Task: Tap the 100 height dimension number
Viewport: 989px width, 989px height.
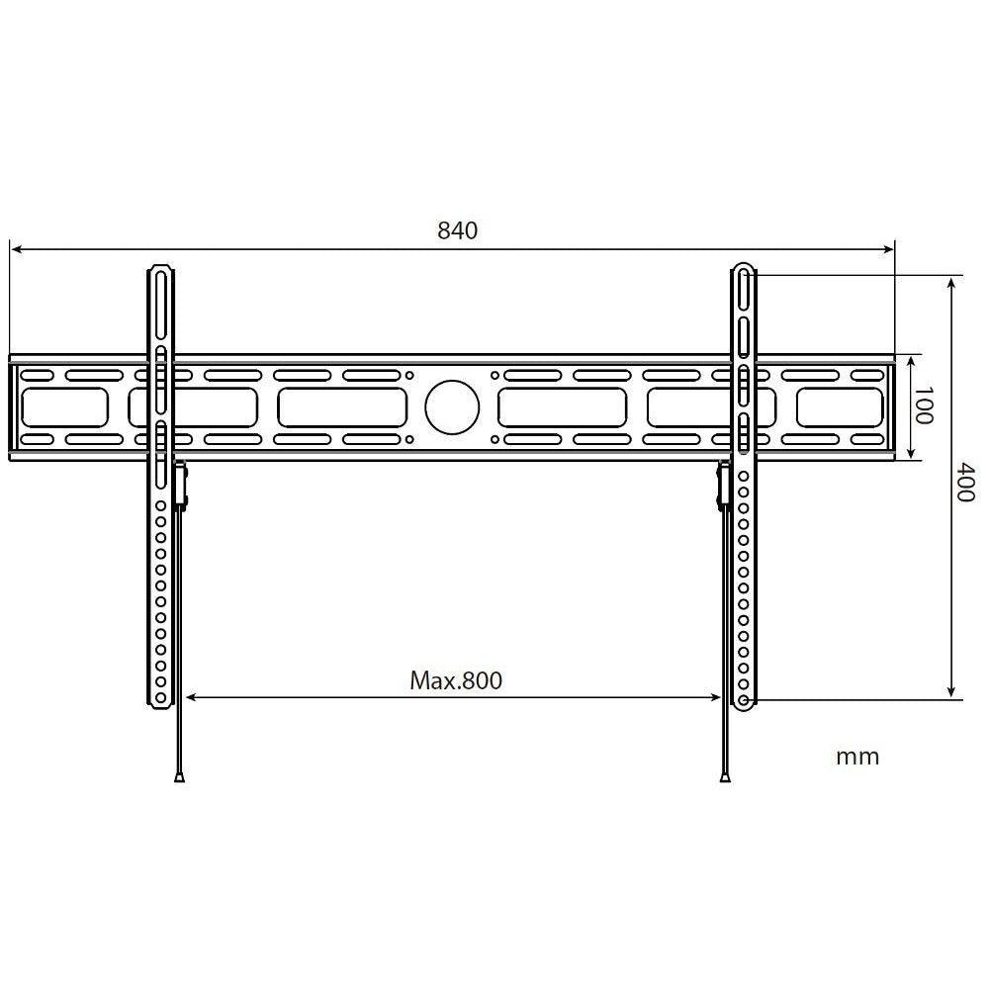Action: pos(923,406)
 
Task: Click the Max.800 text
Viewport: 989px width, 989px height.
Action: pos(456,680)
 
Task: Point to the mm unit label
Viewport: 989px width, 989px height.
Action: pos(856,758)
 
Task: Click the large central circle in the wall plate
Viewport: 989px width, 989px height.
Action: pos(452,407)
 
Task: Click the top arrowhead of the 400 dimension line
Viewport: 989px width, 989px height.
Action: pos(951,282)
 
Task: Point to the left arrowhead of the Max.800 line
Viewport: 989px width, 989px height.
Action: pos(192,698)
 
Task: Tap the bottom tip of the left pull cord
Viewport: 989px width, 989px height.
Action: pos(179,778)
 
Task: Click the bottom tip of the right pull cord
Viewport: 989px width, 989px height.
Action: pos(727,778)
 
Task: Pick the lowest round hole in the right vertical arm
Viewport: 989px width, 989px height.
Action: pos(743,700)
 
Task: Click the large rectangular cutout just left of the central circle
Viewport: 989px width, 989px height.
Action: pos(342,407)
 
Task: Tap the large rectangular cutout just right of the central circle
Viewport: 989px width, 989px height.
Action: pos(562,407)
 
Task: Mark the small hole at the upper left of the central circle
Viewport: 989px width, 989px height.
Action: pos(409,376)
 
